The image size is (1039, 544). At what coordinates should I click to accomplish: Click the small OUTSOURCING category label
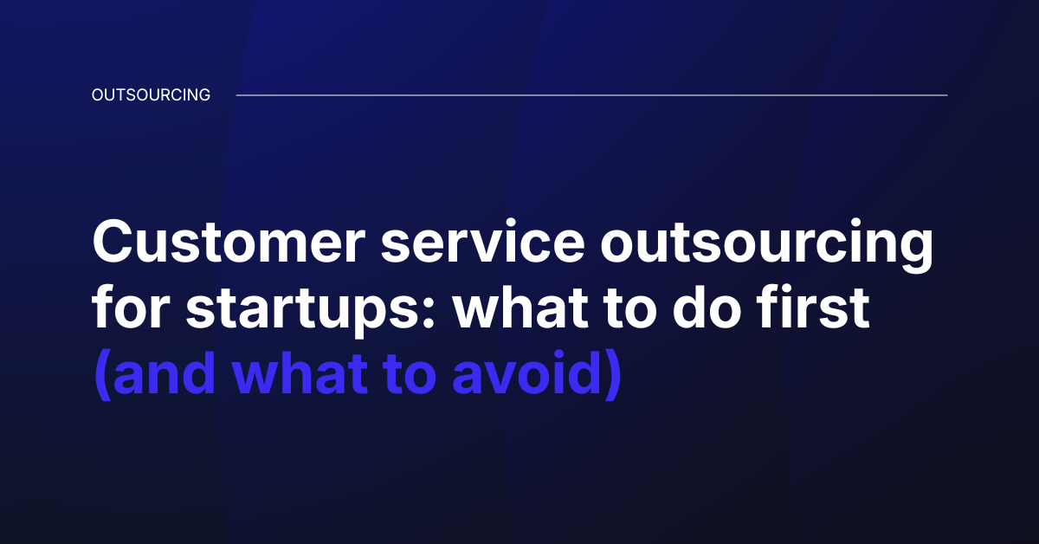(x=151, y=95)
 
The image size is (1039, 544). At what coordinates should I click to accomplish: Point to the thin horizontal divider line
(x=591, y=95)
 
